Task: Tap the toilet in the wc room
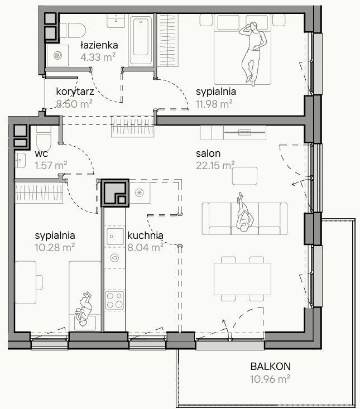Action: [44, 138]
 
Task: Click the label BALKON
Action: [271, 367]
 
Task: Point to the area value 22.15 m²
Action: [215, 165]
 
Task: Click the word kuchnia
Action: [145, 235]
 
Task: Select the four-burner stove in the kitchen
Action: [114, 300]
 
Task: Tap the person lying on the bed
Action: [252, 53]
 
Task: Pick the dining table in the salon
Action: [242, 279]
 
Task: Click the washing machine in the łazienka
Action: [57, 55]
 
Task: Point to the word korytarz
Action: [75, 92]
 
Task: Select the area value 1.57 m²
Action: [51, 165]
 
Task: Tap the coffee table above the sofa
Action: [244, 176]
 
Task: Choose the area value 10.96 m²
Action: [270, 379]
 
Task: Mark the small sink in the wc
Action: [20, 160]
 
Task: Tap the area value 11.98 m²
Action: [214, 104]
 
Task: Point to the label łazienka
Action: [99, 45]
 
